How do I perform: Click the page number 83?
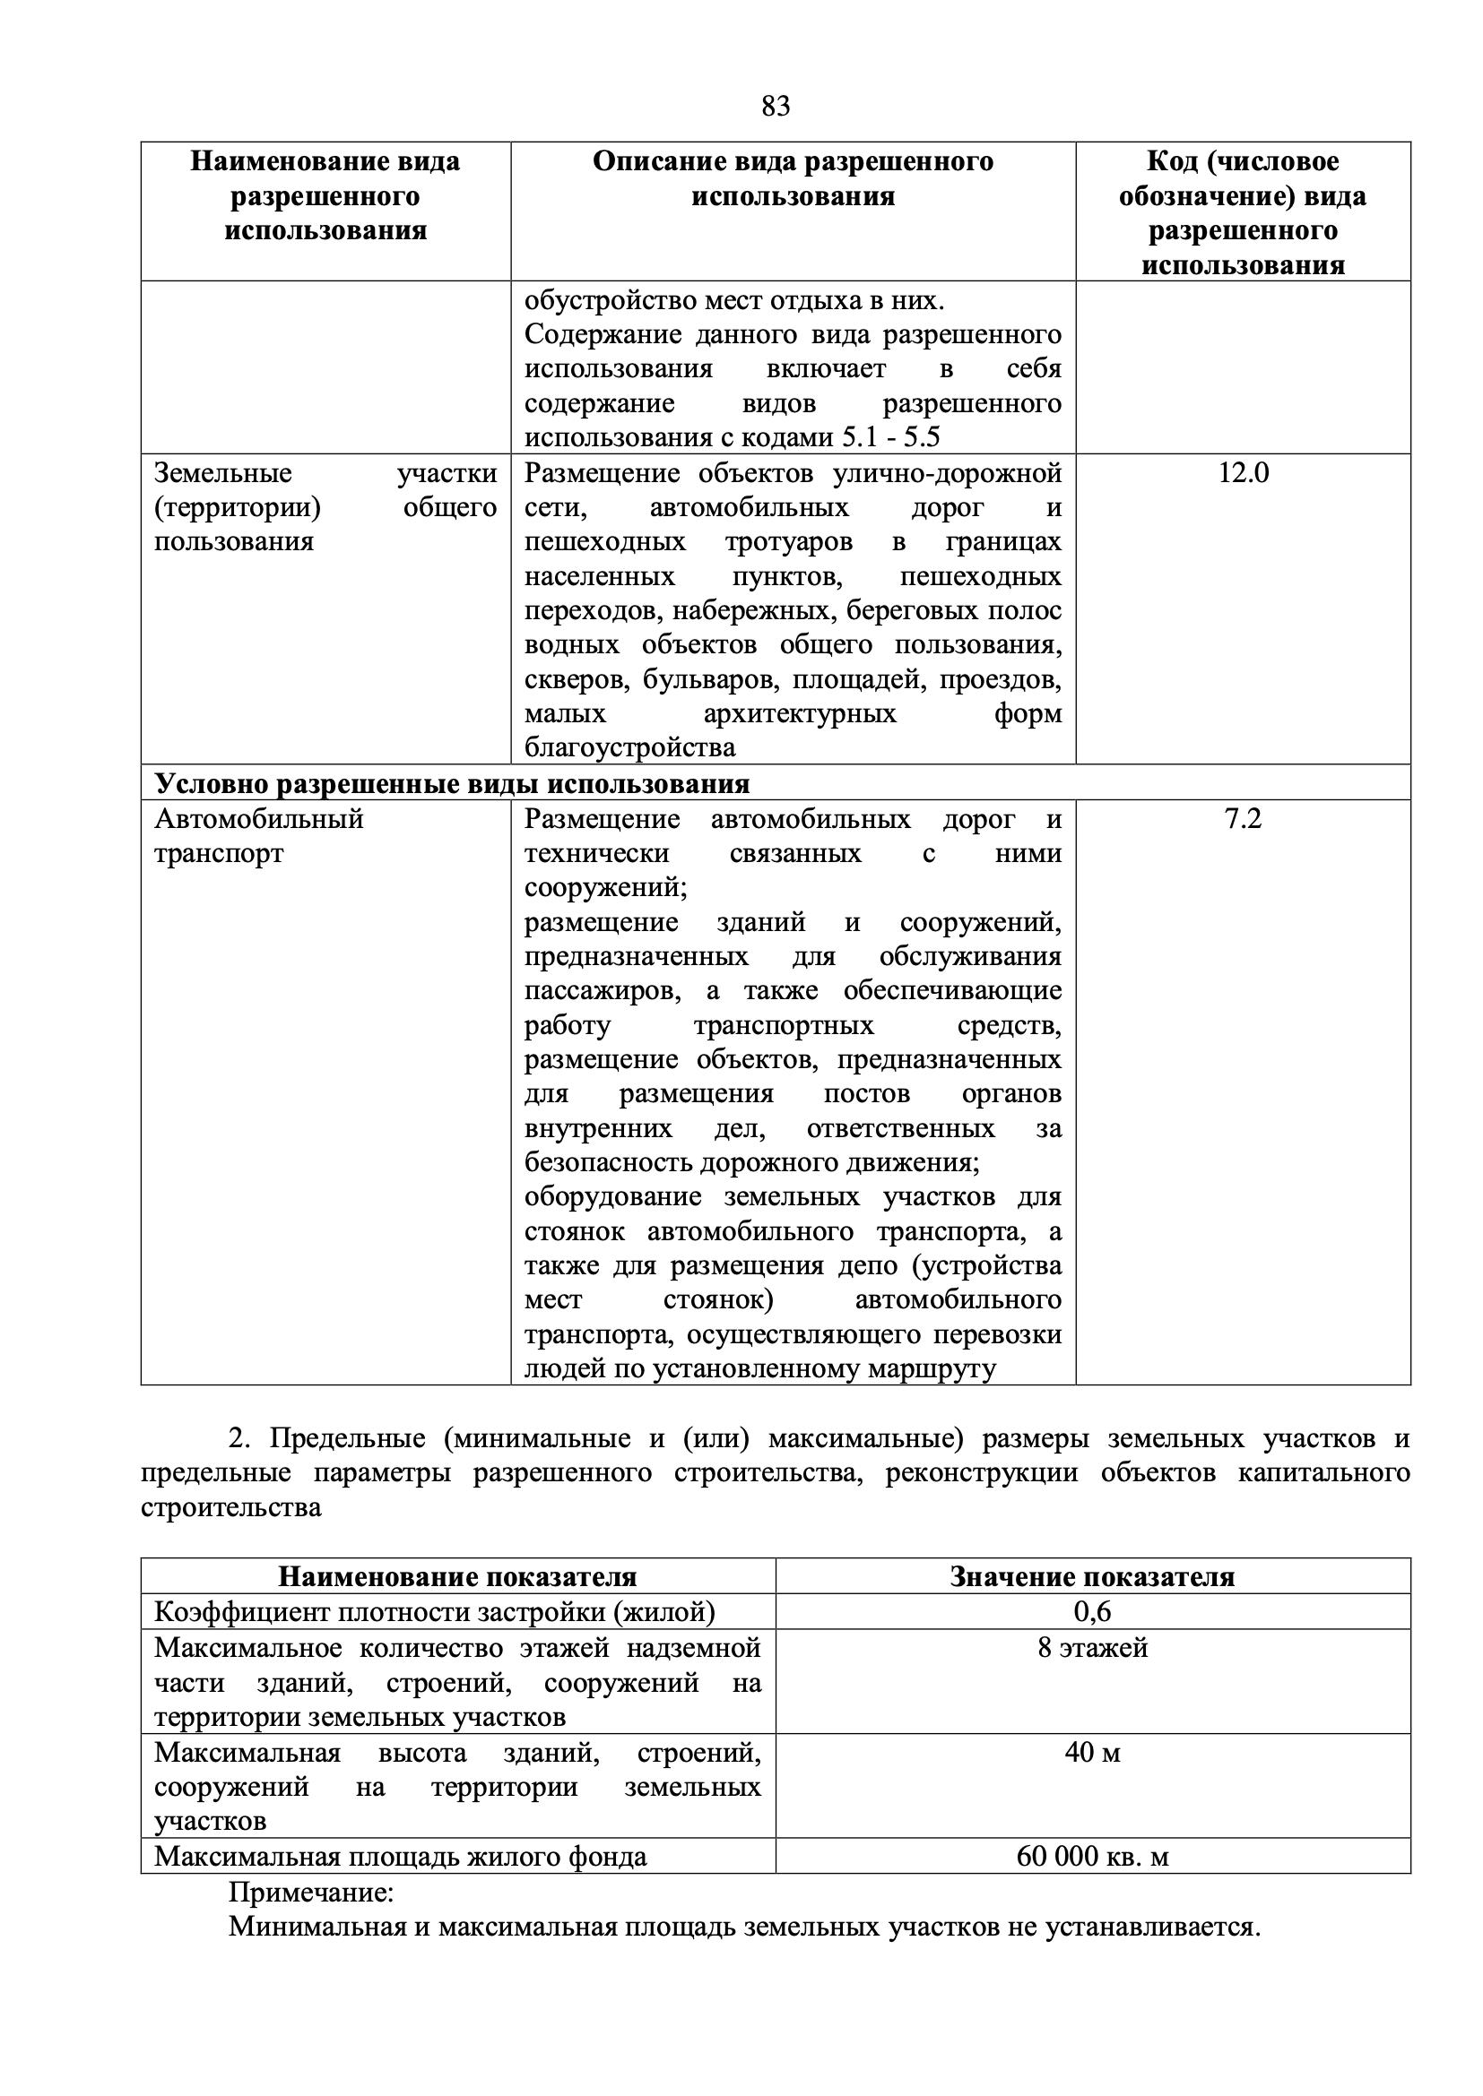click(x=776, y=107)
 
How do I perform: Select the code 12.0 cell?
click(x=1243, y=473)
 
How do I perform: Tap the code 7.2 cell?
click(x=1243, y=819)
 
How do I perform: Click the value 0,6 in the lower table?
click(x=1092, y=1611)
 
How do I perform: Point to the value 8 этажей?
click(x=1092, y=1648)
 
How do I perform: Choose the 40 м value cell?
click(x=1092, y=1752)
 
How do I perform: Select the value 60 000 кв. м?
click(x=1092, y=1856)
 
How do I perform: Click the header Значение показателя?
click(x=1092, y=1576)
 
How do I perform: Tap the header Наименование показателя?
click(x=457, y=1576)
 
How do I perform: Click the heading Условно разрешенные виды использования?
click(x=452, y=783)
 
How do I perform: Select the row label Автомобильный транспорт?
click(x=258, y=835)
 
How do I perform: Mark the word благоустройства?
click(x=629, y=747)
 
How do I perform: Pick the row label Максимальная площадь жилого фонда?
click(x=400, y=1856)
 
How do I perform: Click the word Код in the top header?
click(x=1171, y=161)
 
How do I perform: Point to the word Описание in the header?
click(x=646, y=161)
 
